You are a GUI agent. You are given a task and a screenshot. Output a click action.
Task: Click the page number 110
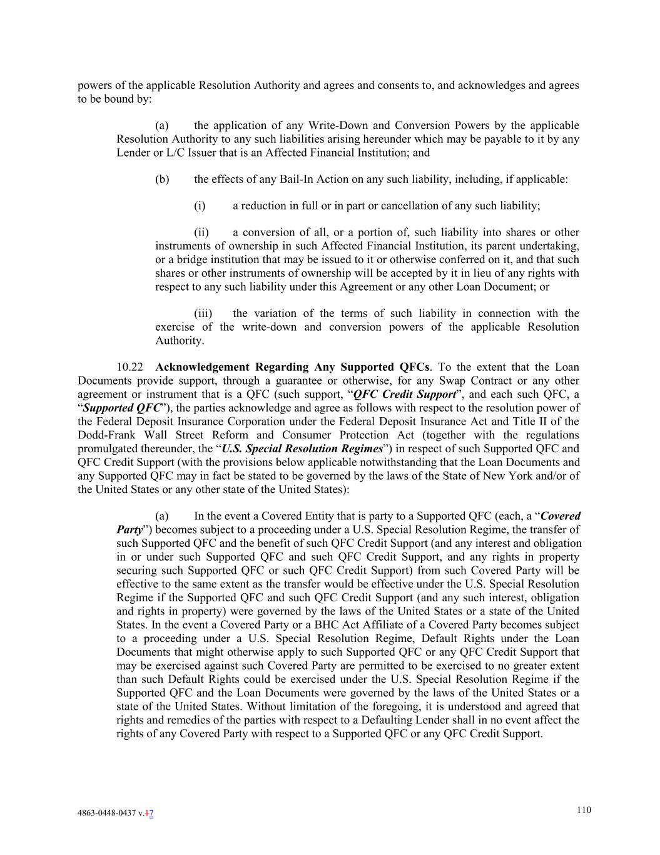[583, 810]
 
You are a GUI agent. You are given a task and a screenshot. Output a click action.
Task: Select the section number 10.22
[129, 367]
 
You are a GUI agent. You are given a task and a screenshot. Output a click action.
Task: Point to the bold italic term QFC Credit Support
[404, 395]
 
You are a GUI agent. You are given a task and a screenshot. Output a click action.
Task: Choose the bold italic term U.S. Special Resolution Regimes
[302, 449]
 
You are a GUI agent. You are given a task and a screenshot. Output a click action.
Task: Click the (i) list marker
[200, 206]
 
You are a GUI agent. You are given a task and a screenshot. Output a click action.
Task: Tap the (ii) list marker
[201, 232]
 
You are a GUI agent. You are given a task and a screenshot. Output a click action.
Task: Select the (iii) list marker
[203, 313]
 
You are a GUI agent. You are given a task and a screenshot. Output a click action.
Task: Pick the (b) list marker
[162, 180]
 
